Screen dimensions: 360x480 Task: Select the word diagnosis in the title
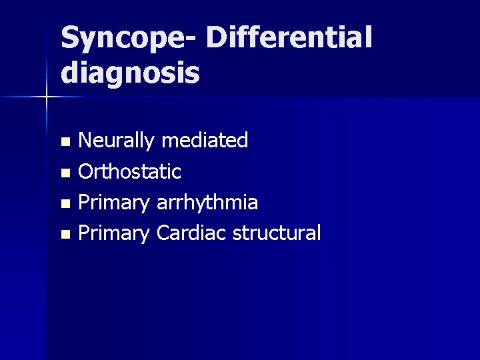130,73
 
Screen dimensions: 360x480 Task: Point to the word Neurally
117,141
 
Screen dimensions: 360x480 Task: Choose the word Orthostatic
130,171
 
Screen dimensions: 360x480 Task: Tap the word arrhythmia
207,203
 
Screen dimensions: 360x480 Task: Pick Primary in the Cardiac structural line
115,234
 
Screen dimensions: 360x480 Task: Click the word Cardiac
191,233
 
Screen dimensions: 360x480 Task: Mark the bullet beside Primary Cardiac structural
65,235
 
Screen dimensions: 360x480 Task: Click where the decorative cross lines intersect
46,98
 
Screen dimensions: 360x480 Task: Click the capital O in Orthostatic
87,172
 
